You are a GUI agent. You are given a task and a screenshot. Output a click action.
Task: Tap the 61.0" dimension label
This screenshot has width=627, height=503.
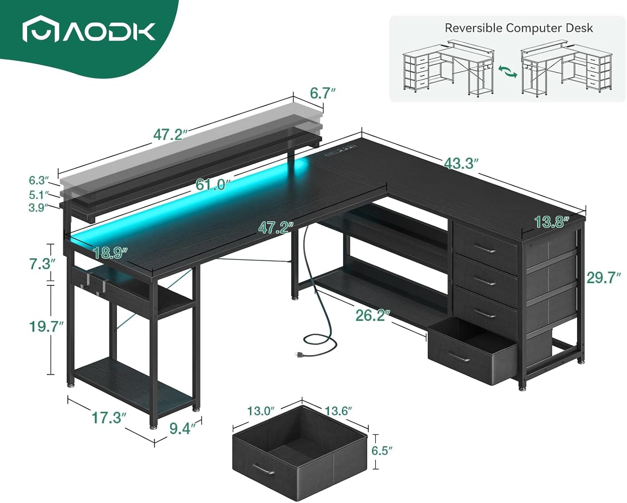tap(213, 184)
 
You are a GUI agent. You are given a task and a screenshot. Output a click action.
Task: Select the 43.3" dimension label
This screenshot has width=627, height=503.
tap(461, 163)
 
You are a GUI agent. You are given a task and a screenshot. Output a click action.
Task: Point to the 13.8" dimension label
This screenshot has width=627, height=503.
tap(552, 222)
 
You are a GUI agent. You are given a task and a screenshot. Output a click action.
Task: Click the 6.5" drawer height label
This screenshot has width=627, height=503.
tap(382, 451)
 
